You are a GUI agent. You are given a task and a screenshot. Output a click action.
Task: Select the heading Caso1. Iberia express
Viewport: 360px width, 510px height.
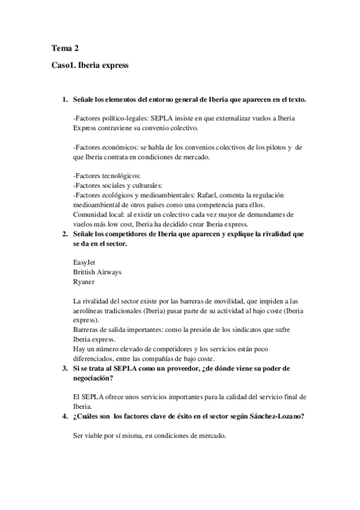[x=90, y=65]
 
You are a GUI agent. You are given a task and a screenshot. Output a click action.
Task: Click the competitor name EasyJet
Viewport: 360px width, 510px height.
[x=84, y=262]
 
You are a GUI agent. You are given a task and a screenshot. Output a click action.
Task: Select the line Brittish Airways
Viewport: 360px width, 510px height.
[x=97, y=272]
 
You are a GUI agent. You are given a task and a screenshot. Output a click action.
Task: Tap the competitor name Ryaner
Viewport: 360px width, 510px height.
[x=84, y=281]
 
